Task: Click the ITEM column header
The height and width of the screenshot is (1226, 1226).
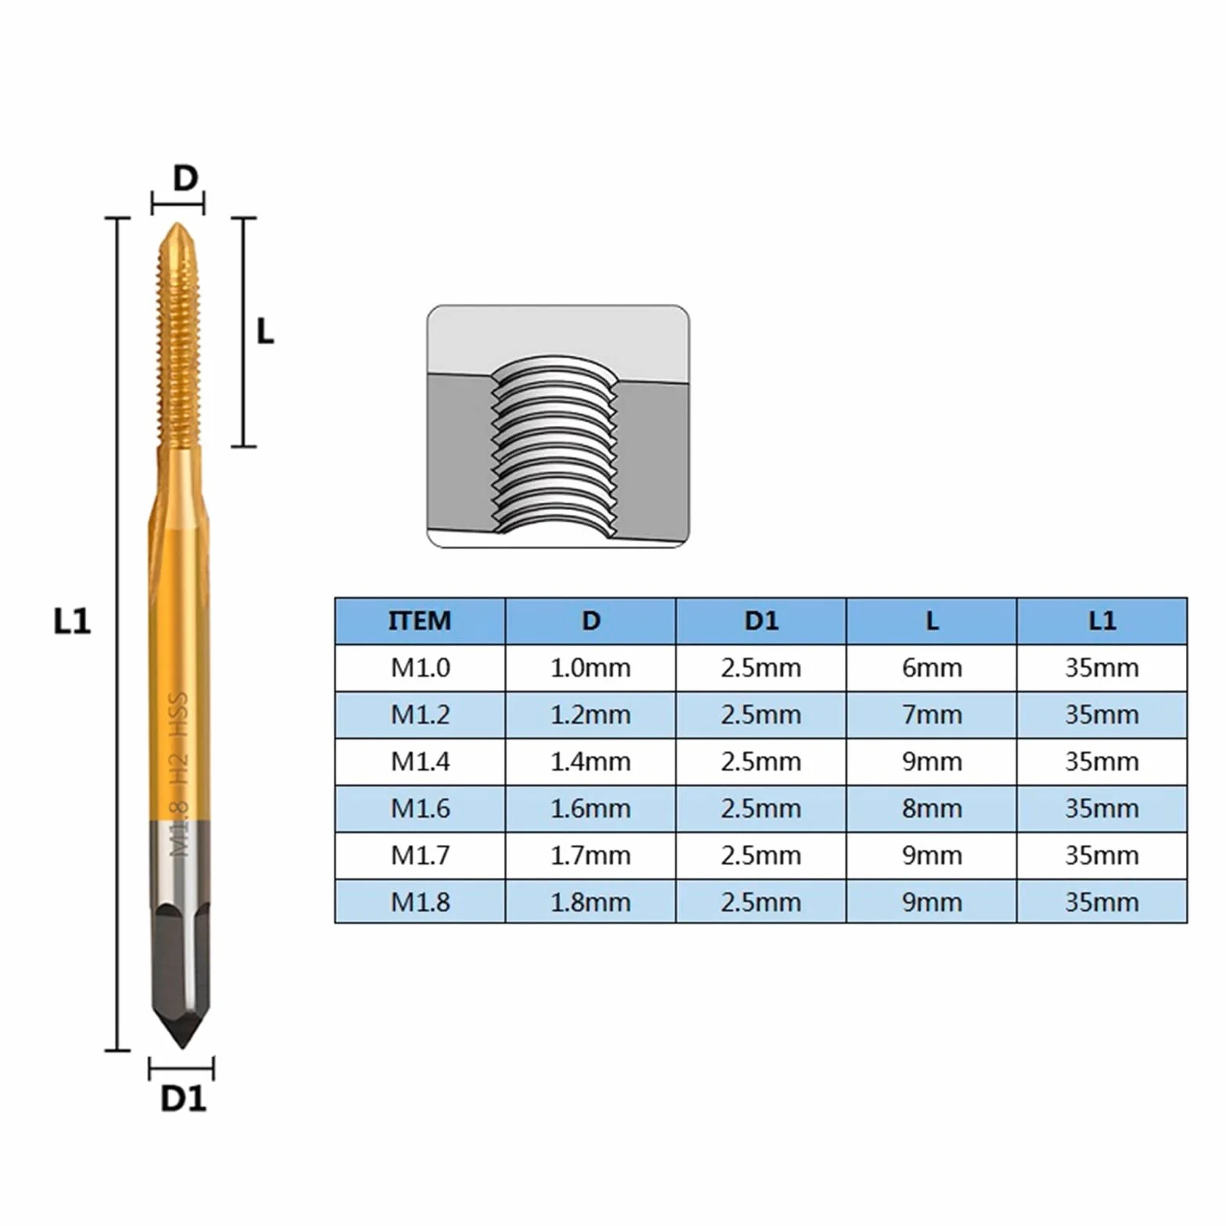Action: [x=420, y=621]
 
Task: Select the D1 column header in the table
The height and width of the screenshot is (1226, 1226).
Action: [x=761, y=621]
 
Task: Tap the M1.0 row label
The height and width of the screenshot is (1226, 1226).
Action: [x=420, y=668]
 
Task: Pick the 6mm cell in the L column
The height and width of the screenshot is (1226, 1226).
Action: [x=931, y=668]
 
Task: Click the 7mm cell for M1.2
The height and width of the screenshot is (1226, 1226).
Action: [x=931, y=715]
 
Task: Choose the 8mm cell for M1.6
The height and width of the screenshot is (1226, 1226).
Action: [x=931, y=808]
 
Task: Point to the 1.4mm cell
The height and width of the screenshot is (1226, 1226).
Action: [x=590, y=762]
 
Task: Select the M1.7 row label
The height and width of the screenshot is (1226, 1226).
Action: [x=420, y=855]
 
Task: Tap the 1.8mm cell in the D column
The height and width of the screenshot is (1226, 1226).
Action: [x=590, y=902]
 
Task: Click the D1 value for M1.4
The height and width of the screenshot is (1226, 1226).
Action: [x=761, y=762]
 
